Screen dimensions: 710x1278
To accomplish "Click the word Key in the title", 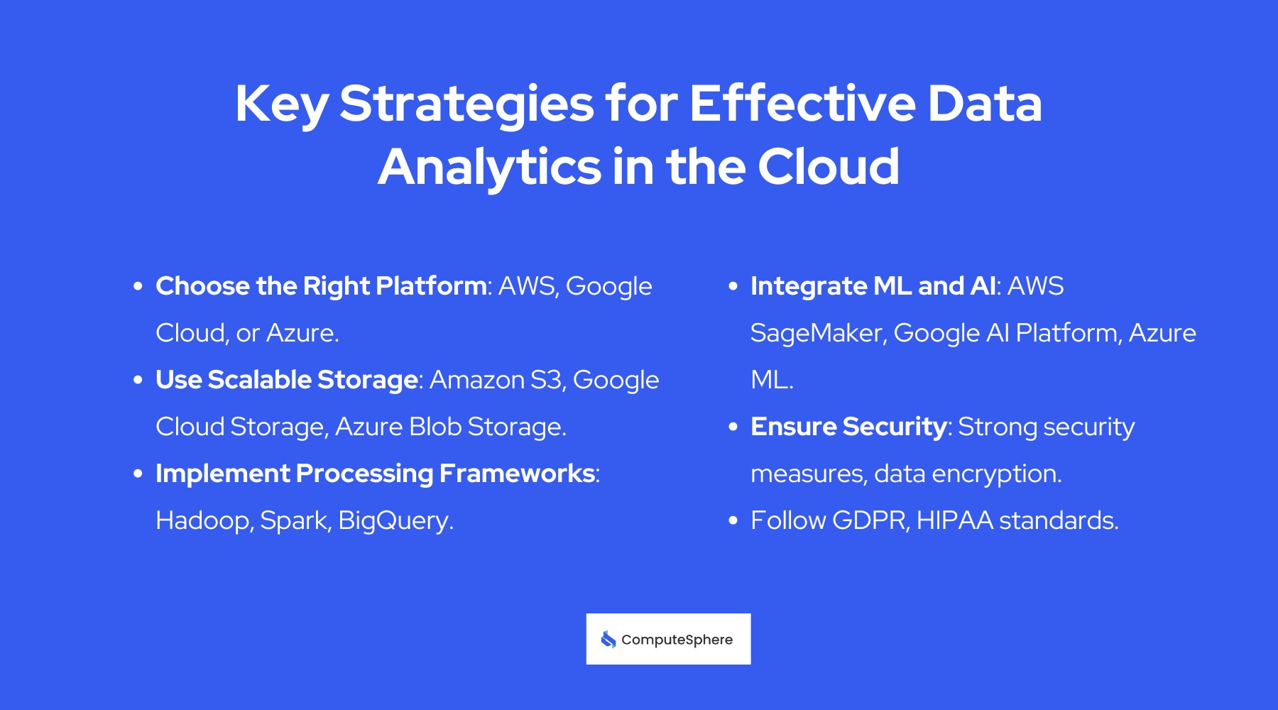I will pos(281,105).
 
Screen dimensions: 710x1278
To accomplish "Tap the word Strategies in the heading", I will pos(466,105).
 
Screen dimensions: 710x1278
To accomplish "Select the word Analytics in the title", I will pos(490,168).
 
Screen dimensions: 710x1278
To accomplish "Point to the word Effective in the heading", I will pos(802,104).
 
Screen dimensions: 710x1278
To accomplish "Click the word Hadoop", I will pos(202,520).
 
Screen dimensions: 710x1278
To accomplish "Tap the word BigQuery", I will pos(395,520).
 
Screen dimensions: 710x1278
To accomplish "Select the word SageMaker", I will pos(816,333).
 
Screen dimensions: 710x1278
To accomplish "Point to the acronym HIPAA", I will pos(954,520).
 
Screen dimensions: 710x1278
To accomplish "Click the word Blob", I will pos(435,427).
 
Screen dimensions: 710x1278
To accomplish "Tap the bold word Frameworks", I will pos(517,474).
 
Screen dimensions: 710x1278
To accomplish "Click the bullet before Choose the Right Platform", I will pos(138,286).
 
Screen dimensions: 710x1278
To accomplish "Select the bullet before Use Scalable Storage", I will pos(138,380).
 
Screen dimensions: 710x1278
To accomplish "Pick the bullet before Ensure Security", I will pos(733,427).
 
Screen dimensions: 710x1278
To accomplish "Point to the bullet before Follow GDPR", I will pos(733,520).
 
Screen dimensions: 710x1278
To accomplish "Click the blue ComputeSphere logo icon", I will pos(608,640).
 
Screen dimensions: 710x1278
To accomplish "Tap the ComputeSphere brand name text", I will pos(677,640).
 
